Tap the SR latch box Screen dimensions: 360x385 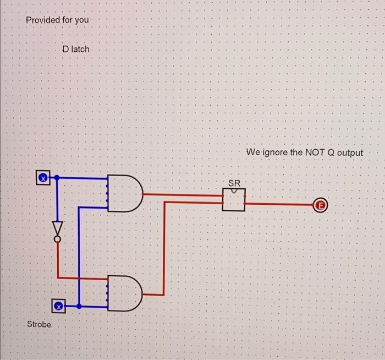(234, 199)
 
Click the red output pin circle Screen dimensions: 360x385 (321, 206)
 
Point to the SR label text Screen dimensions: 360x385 (234, 182)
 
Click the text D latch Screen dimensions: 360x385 (75, 49)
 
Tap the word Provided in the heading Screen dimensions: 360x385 (43, 20)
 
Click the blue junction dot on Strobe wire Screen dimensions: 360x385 (79, 306)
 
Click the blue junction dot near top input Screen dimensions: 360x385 (58, 178)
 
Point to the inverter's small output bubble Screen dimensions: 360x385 (58, 239)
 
